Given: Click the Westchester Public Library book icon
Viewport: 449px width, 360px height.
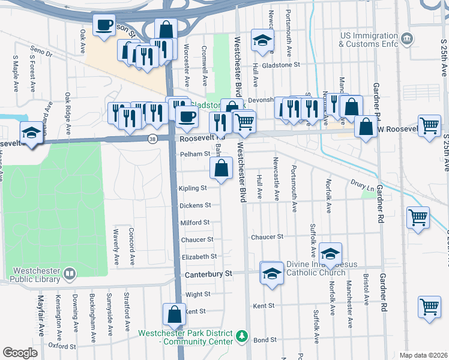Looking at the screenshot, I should pos(70,274).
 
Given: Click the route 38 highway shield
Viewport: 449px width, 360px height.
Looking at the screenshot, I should pos(153,139).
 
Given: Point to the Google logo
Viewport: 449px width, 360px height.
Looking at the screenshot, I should pos(20,352).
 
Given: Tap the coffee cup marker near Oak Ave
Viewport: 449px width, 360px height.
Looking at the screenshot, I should pos(104,26).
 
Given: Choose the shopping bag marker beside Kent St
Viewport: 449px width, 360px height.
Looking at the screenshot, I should pos(174,314).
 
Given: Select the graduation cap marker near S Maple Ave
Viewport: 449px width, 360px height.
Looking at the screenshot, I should pos(31,133).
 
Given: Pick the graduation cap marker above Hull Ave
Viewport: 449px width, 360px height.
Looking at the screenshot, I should pos(262,40).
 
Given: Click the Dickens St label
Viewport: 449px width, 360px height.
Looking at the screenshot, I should pos(195,205).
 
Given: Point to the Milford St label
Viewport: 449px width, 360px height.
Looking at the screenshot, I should pos(195,223).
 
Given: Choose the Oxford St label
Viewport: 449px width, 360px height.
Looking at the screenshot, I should pos(62,346).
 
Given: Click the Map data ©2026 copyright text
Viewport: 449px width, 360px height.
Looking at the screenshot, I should pos(424,355).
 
